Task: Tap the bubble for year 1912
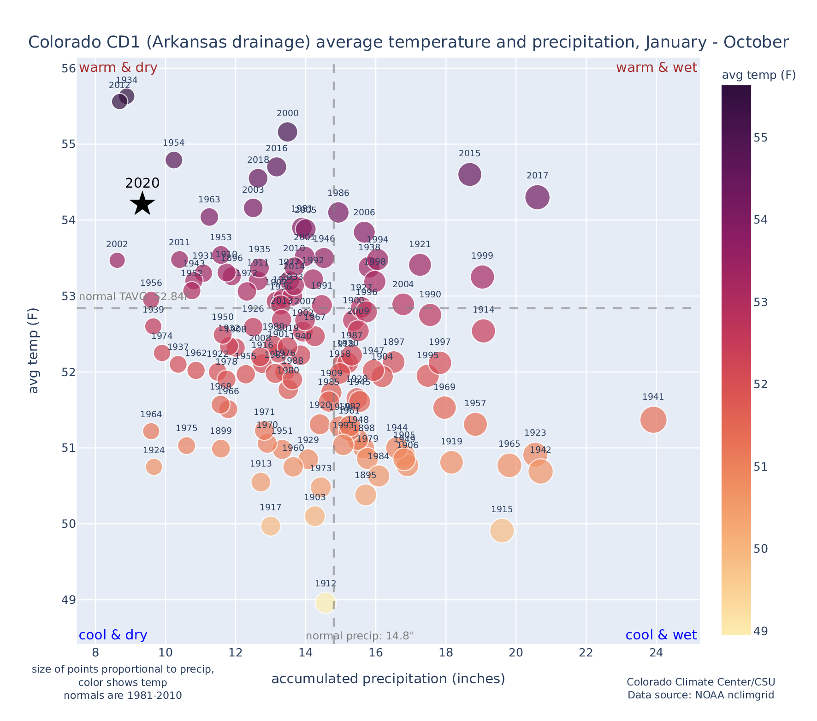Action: [x=326, y=603]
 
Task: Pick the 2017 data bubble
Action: [x=537, y=197]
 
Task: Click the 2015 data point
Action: [x=470, y=174]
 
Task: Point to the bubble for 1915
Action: [x=502, y=531]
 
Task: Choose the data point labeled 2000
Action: [x=287, y=132]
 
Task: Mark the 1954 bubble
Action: [x=174, y=160]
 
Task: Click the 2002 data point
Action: [x=117, y=260]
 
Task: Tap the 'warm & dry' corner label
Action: [x=118, y=68]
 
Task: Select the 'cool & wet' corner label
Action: [x=661, y=635]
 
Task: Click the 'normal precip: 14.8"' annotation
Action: [x=360, y=636]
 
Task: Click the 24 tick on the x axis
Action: [x=656, y=653]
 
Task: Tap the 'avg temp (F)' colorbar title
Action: [x=758, y=75]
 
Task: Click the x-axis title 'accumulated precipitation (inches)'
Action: [x=388, y=679]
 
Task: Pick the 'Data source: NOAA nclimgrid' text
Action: [x=701, y=695]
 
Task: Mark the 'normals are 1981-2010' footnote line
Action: [x=123, y=695]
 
